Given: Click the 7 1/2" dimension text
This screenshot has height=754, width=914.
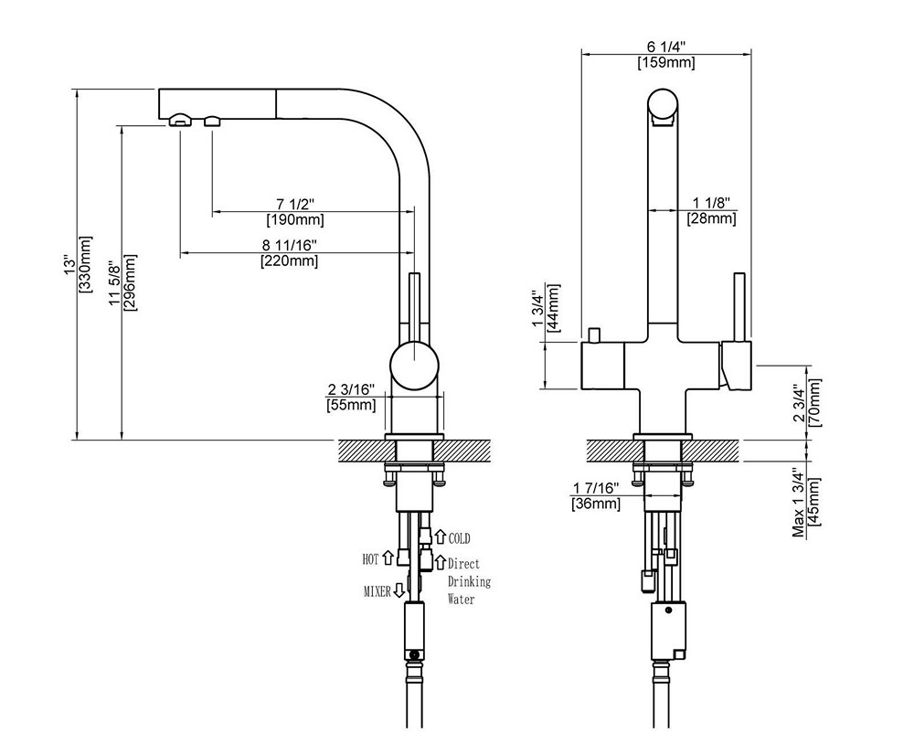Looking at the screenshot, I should pyautogui.click(x=294, y=203).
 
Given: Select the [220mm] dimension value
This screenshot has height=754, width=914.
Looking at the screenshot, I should pyautogui.click(x=291, y=261).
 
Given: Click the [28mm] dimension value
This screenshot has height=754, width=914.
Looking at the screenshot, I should pyautogui.click(x=711, y=218).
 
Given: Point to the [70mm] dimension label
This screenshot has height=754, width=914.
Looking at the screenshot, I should pyautogui.click(x=814, y=402).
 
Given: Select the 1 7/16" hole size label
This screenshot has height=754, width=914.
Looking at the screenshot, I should pyautogui.click(x=595, y=488).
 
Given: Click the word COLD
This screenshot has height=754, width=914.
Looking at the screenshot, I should pyautogui.click(x=459, y=539).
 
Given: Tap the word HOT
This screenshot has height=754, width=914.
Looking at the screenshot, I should pyautogui.click(x=370, y=558).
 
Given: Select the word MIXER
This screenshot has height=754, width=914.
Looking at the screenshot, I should pyautogui.click(x=377, y=592).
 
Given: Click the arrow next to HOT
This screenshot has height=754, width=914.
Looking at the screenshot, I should pyautogui.click(x=388, y=557).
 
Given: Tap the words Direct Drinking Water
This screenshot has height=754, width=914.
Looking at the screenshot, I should pyautogui.click(x=469, y=581).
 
